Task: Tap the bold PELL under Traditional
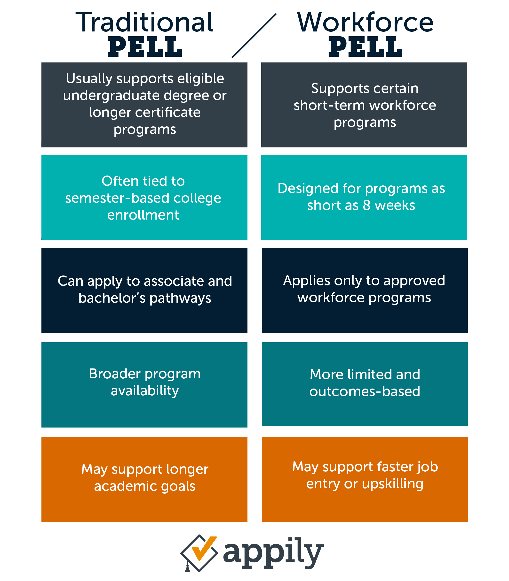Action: [x=145, y=47]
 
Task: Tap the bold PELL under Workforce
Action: [x=366, y=47]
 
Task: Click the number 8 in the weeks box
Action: [x=367, y=205]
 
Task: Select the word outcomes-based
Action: [x=365, y=391]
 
